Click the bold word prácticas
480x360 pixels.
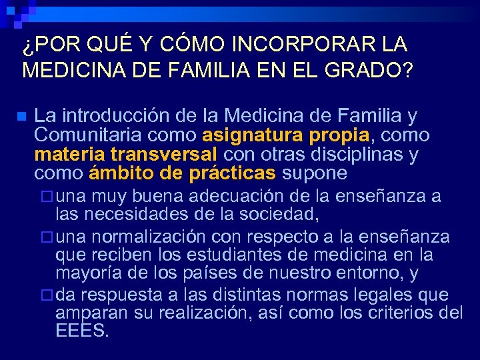coord(232,173)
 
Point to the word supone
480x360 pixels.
coord(315,173)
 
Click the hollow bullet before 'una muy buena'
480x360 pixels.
coord(46,197)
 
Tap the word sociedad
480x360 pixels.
coord(281,214)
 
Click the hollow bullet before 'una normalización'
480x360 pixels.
coord(46,237)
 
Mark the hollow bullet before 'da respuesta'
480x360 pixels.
coord(46,295)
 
